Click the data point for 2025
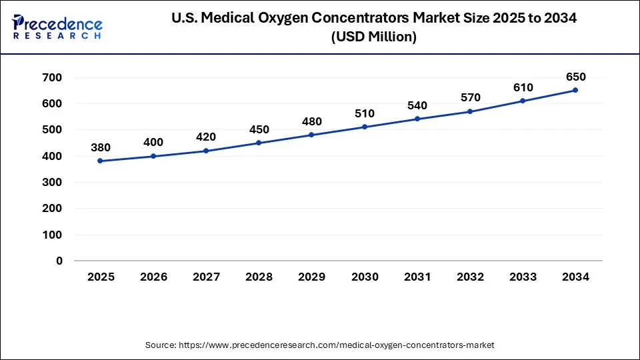click(x=101, y=161)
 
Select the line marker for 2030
click(x=365, y=127)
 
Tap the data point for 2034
click(x=575, y=90)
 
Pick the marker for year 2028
click(x=259, y=143)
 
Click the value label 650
click(x=575, y=77)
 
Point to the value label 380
click(x=101, y=147)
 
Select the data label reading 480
click(x=311, y=121)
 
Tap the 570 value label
click(x=470, y=98)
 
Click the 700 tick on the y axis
click(x=53, y=77)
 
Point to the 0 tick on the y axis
click(x=59, y=261)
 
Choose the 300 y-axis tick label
click(x=53, y=182)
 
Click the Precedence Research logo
click(x=57, y=27)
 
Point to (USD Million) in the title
click(x=373, y=37)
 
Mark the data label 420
click(x=206, y=137)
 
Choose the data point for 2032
click(x=470, y=111)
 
